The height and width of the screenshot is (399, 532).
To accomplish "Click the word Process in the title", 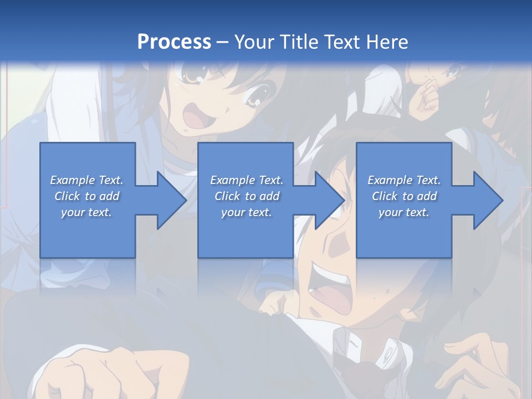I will pos(174,42).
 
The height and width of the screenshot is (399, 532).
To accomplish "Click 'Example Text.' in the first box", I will pos(86,180).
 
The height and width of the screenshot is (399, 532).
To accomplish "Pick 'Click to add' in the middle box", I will pos(247,196).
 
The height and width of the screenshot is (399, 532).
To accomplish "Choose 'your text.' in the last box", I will pos(404,212).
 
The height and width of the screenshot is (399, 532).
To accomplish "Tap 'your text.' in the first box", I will pos(86,212).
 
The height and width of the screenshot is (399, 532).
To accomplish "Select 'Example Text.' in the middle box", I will pos(247,180).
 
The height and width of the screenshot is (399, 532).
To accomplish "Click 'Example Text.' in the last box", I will pos(404,180).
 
